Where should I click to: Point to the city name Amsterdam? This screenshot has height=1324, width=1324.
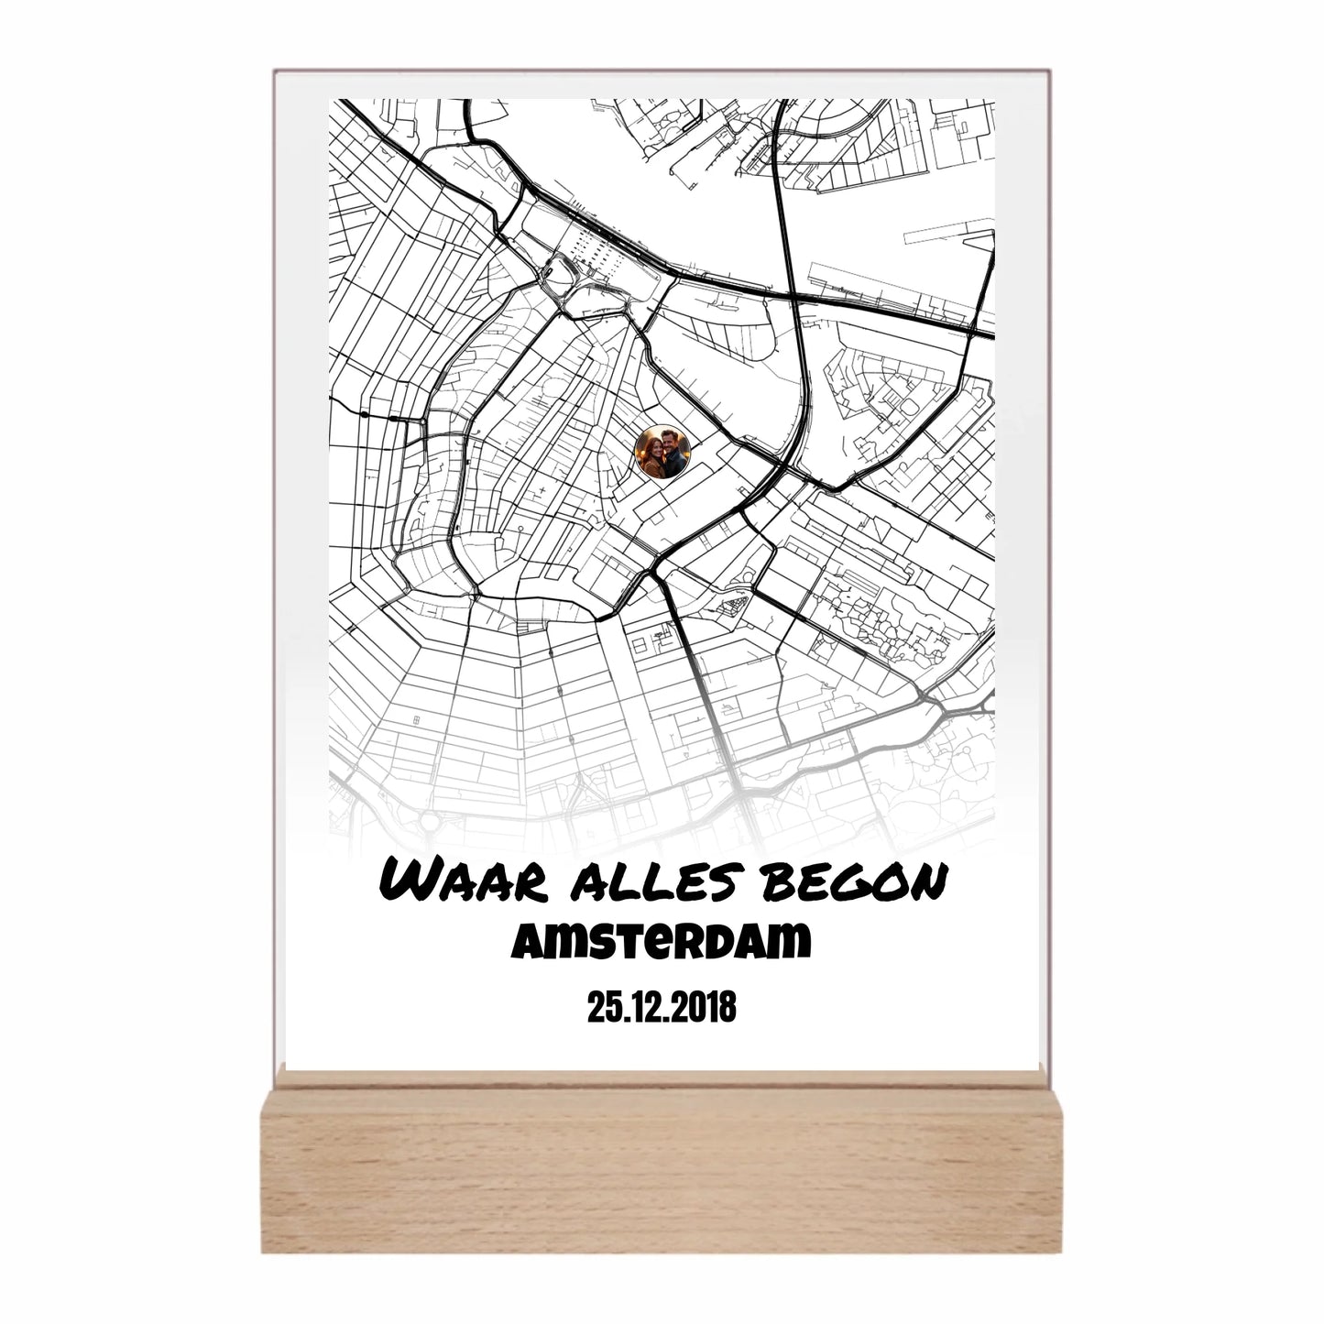point(662,941)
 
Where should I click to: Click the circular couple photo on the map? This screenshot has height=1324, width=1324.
point(662,452)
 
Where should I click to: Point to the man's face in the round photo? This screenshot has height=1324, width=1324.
point(672,441)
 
